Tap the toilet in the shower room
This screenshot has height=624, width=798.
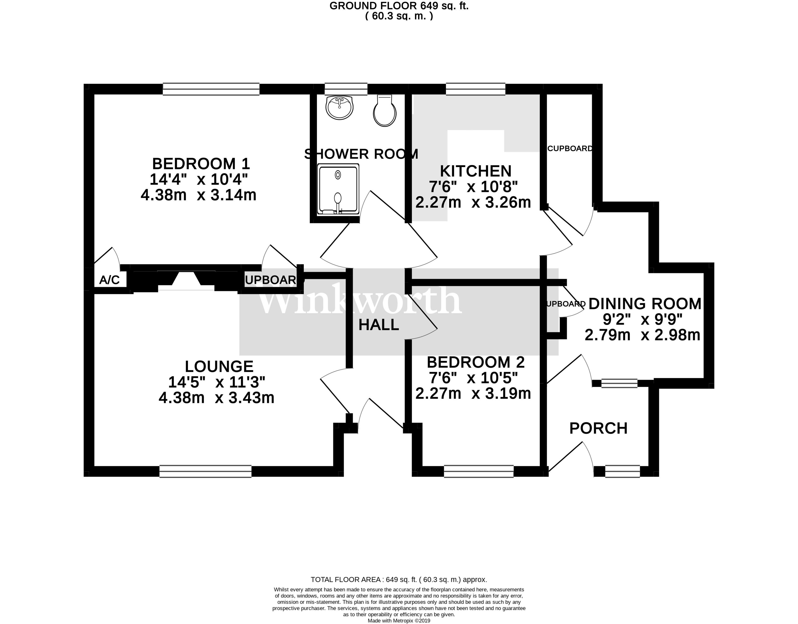click(x=385, y=111)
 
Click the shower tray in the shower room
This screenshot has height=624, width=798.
click(x=338, y=189)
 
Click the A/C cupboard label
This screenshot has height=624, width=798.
click(x=109, y=280)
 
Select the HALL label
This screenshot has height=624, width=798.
click(x=378, y=325)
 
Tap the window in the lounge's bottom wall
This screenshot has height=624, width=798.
click(x=205, y=471)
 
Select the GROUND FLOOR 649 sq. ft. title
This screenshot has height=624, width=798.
click(x=399, y=6)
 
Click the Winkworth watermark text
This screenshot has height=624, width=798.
click(x=360, y=301)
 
